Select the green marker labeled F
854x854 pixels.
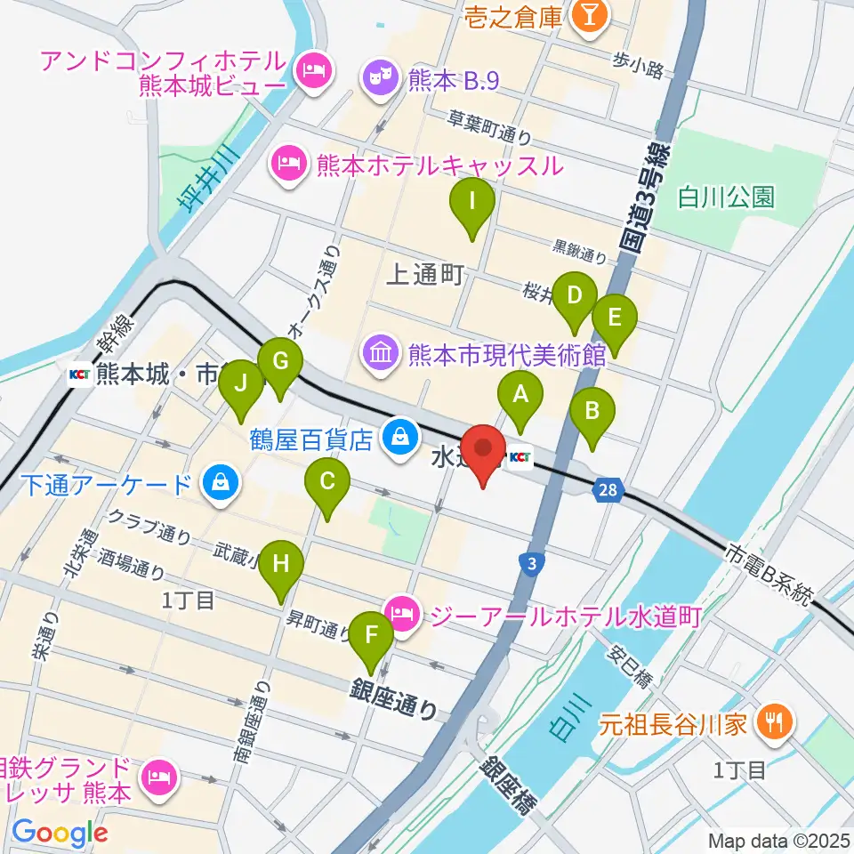(x=372, y=636)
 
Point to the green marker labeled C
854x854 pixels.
(x=327, y=483)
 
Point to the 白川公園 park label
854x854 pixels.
(x=727, y=196)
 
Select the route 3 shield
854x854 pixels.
(x=530, y=564)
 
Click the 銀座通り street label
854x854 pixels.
(x=395, y=699)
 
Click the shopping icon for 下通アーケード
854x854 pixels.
(x=217, y=484)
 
